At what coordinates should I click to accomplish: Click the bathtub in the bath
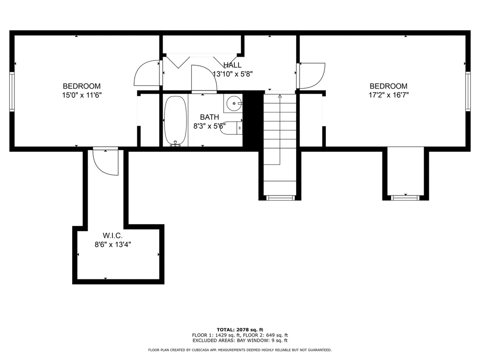tap(175, 121)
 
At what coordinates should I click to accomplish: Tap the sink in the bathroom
tap(232, 102)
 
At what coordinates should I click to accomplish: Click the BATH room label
tap(210, 117)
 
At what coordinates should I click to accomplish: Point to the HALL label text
tap(232, 65)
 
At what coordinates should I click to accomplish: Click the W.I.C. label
tap(112, 235)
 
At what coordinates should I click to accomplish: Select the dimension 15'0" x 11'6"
tap(82, 95)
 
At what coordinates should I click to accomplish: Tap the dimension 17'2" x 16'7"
tap(389, 95)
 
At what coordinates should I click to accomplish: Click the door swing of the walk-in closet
tap(105, 162)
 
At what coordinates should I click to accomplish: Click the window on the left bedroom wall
tap(13, 92)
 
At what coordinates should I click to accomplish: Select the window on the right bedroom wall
tap(467, 92)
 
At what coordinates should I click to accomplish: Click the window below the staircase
tap(280, 198)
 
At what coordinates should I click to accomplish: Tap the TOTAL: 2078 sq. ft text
tap(240, 330)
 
